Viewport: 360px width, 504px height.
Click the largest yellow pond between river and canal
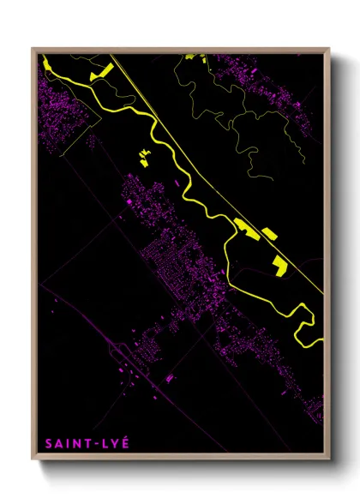click(x=247, y=227)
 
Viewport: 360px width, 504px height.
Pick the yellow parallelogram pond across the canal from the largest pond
click(x=268, y=233)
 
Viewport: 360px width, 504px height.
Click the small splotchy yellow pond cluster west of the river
click(x=144, y=155)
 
